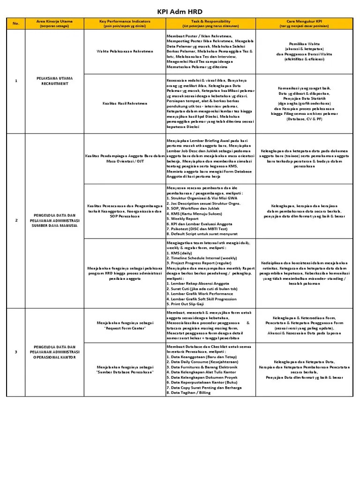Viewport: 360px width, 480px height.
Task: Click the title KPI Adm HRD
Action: [x=180, y=11]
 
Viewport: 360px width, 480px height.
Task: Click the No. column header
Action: [x=16, y=23]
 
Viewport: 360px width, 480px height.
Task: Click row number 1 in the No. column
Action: [x=16, y=81]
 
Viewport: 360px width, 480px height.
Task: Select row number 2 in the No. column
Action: [x=16, y=220]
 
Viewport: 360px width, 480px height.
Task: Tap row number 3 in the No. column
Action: [x=16, y=351]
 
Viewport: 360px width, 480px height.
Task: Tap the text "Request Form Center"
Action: [x=125, y=328]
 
